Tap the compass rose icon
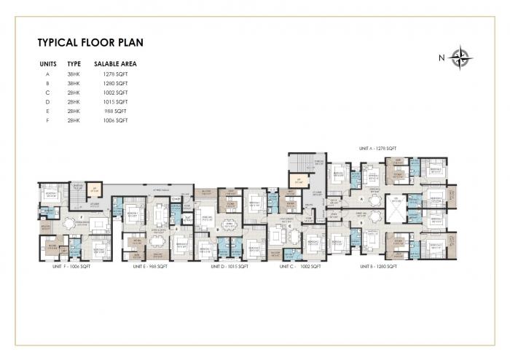(x=460, y=57)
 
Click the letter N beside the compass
(x=442, y=58)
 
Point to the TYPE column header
(x=74, y=64)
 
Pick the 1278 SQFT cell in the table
(x=116, y=74)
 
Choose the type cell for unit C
(x=74, y=93)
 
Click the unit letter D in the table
(x=47, y=102)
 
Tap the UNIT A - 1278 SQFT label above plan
(x=377, y=148)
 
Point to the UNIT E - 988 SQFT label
(x=151, y=267)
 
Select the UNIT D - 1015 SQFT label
(x=229, y=267)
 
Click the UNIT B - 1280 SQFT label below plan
(x=377, y=267)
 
